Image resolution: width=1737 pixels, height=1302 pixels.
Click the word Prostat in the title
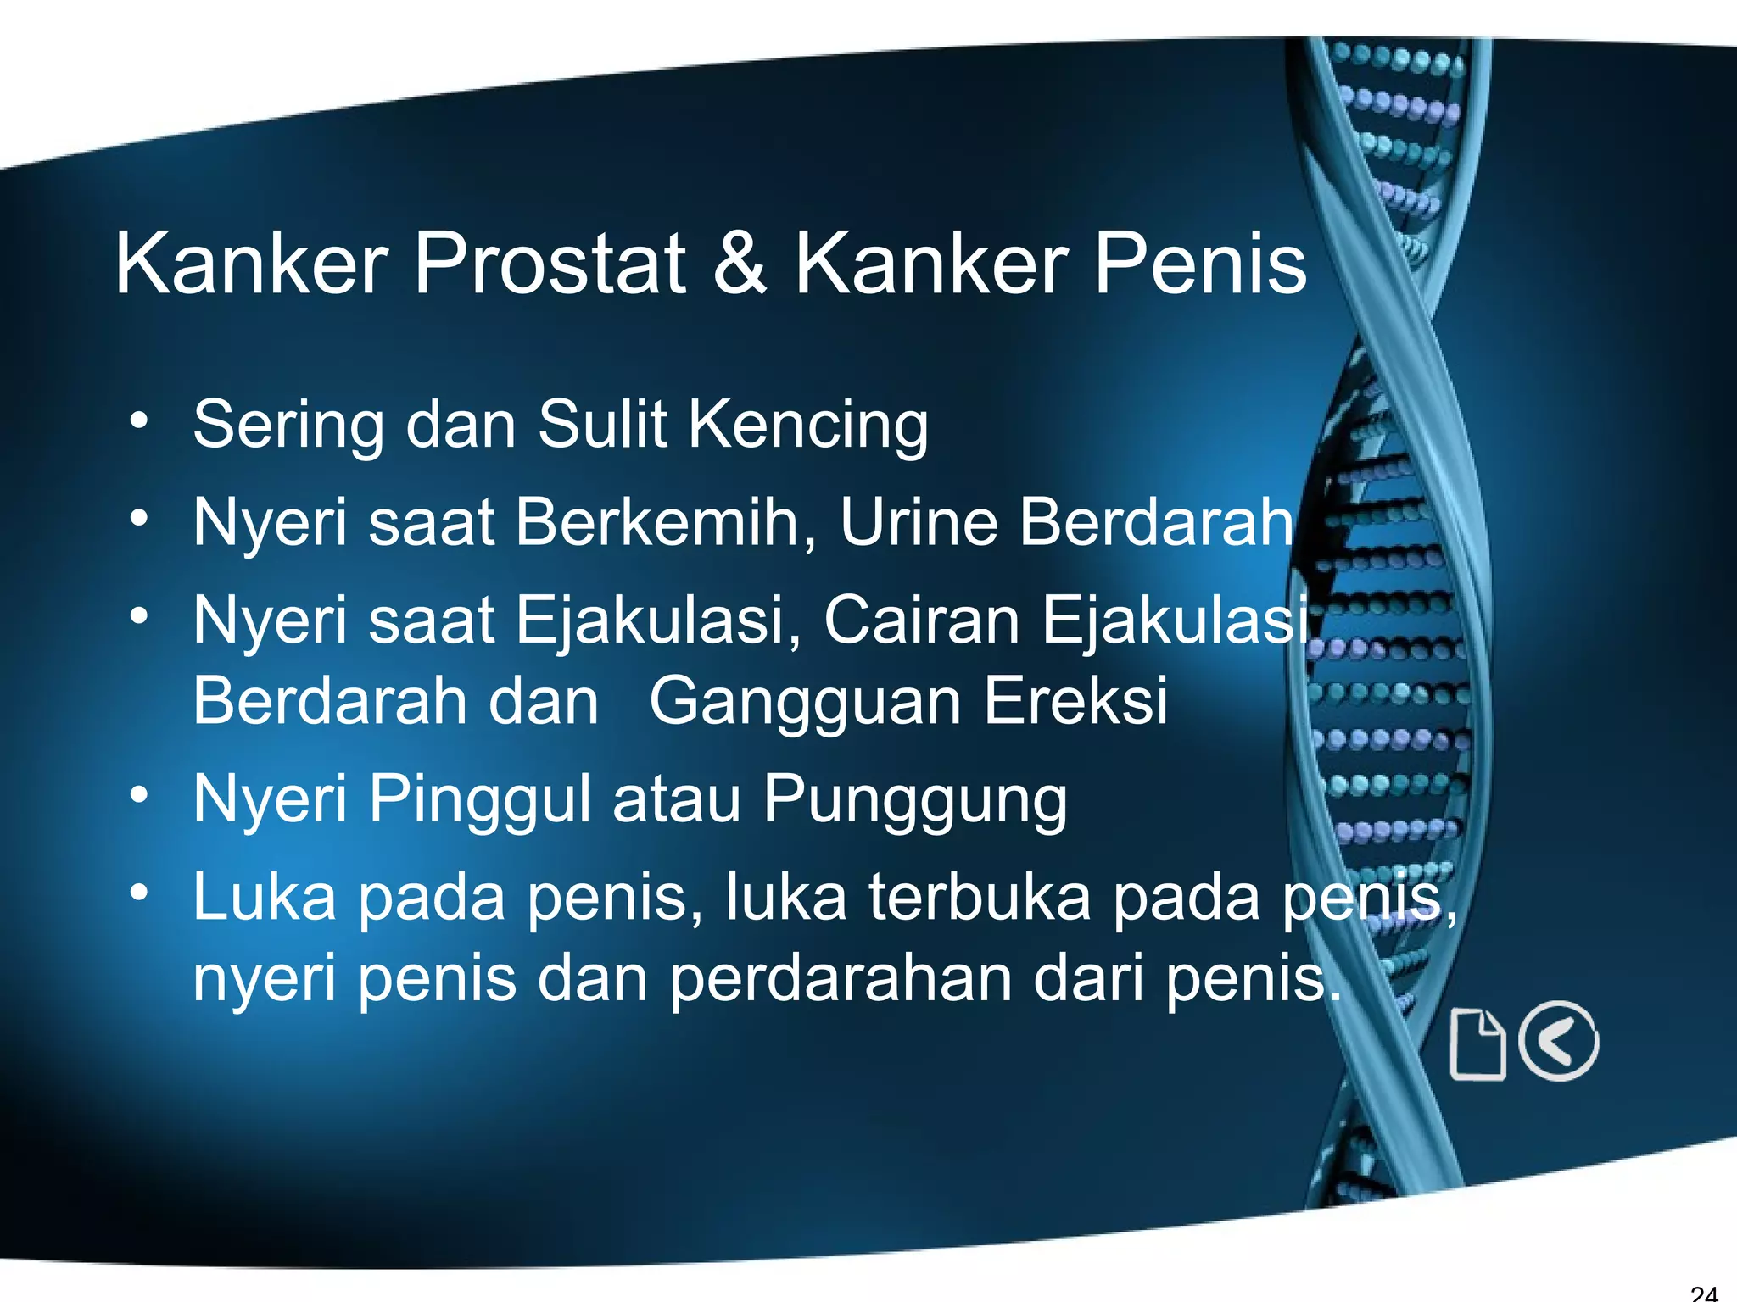pyautogui.click(x=550, y=264)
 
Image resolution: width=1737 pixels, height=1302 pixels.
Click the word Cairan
pyautogui.click(x=921, y=620)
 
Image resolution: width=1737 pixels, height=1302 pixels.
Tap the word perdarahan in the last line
pyautogui.click(x=841, y=980)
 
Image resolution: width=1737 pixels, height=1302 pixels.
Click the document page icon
pyautogui.click(x=1477, y=1044)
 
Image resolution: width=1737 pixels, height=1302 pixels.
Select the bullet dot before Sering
pyautogui.click(x=139, y=419)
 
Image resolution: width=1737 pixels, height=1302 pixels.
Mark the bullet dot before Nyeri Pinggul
pyautogui.click(x=139, y=794)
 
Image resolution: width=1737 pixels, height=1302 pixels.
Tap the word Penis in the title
pyautogui.click(x=1200, y=264)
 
